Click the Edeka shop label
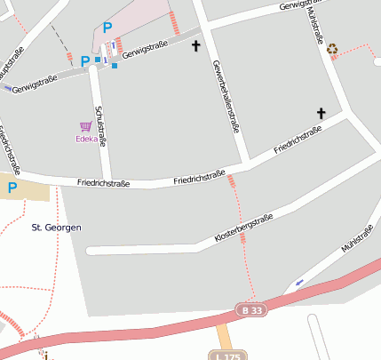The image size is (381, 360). pyautogui.click(x=86, y=139)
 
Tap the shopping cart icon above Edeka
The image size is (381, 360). pyautogui.click(x=86, y=126)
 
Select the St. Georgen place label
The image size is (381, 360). pyautogui.click(x=56, y=228)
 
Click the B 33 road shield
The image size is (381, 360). pyautogui.click(x=251, y=309)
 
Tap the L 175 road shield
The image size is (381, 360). pyautogui.click(x=226, y=356)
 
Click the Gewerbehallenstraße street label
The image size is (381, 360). pyautogui.click(x=226, y=96)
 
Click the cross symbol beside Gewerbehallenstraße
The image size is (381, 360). pyautogui.click(x=196, y=45)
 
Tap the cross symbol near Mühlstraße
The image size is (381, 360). pyautogui.click(x=321, y=113)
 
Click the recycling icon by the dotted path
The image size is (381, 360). pyautogui.click(x=332, y=50)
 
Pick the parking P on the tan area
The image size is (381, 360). pyautogui.click(x=12, y=188)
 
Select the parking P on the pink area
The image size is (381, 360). pyautogui.click(x=107, y=28)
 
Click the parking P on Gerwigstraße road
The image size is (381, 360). pyautogui.click(x=85, y=61)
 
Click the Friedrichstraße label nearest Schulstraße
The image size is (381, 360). pyautogui.click(x=104, y=183)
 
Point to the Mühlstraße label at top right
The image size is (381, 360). pyautogui.click(x=314, y=20)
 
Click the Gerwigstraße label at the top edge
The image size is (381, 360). pyautogui.click(x=298, y=5)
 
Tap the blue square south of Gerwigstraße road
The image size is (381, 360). pyautogui.click(x=115, y=66)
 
